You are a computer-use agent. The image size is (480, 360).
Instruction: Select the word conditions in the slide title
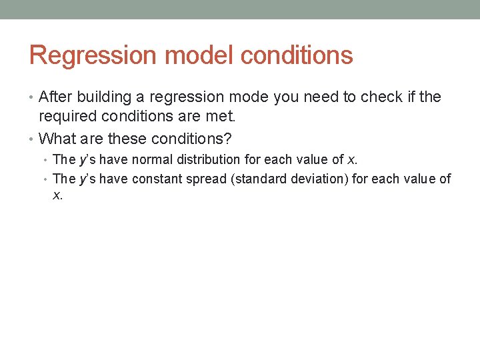(x=297, y=55)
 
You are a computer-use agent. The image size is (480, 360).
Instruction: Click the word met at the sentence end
(x=222, y=117)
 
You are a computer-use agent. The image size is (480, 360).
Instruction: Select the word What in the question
(x=57, y=139)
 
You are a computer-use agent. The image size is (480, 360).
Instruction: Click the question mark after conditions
(x=229, y=139)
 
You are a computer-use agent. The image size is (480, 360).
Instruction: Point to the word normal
(x=153, y=159)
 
